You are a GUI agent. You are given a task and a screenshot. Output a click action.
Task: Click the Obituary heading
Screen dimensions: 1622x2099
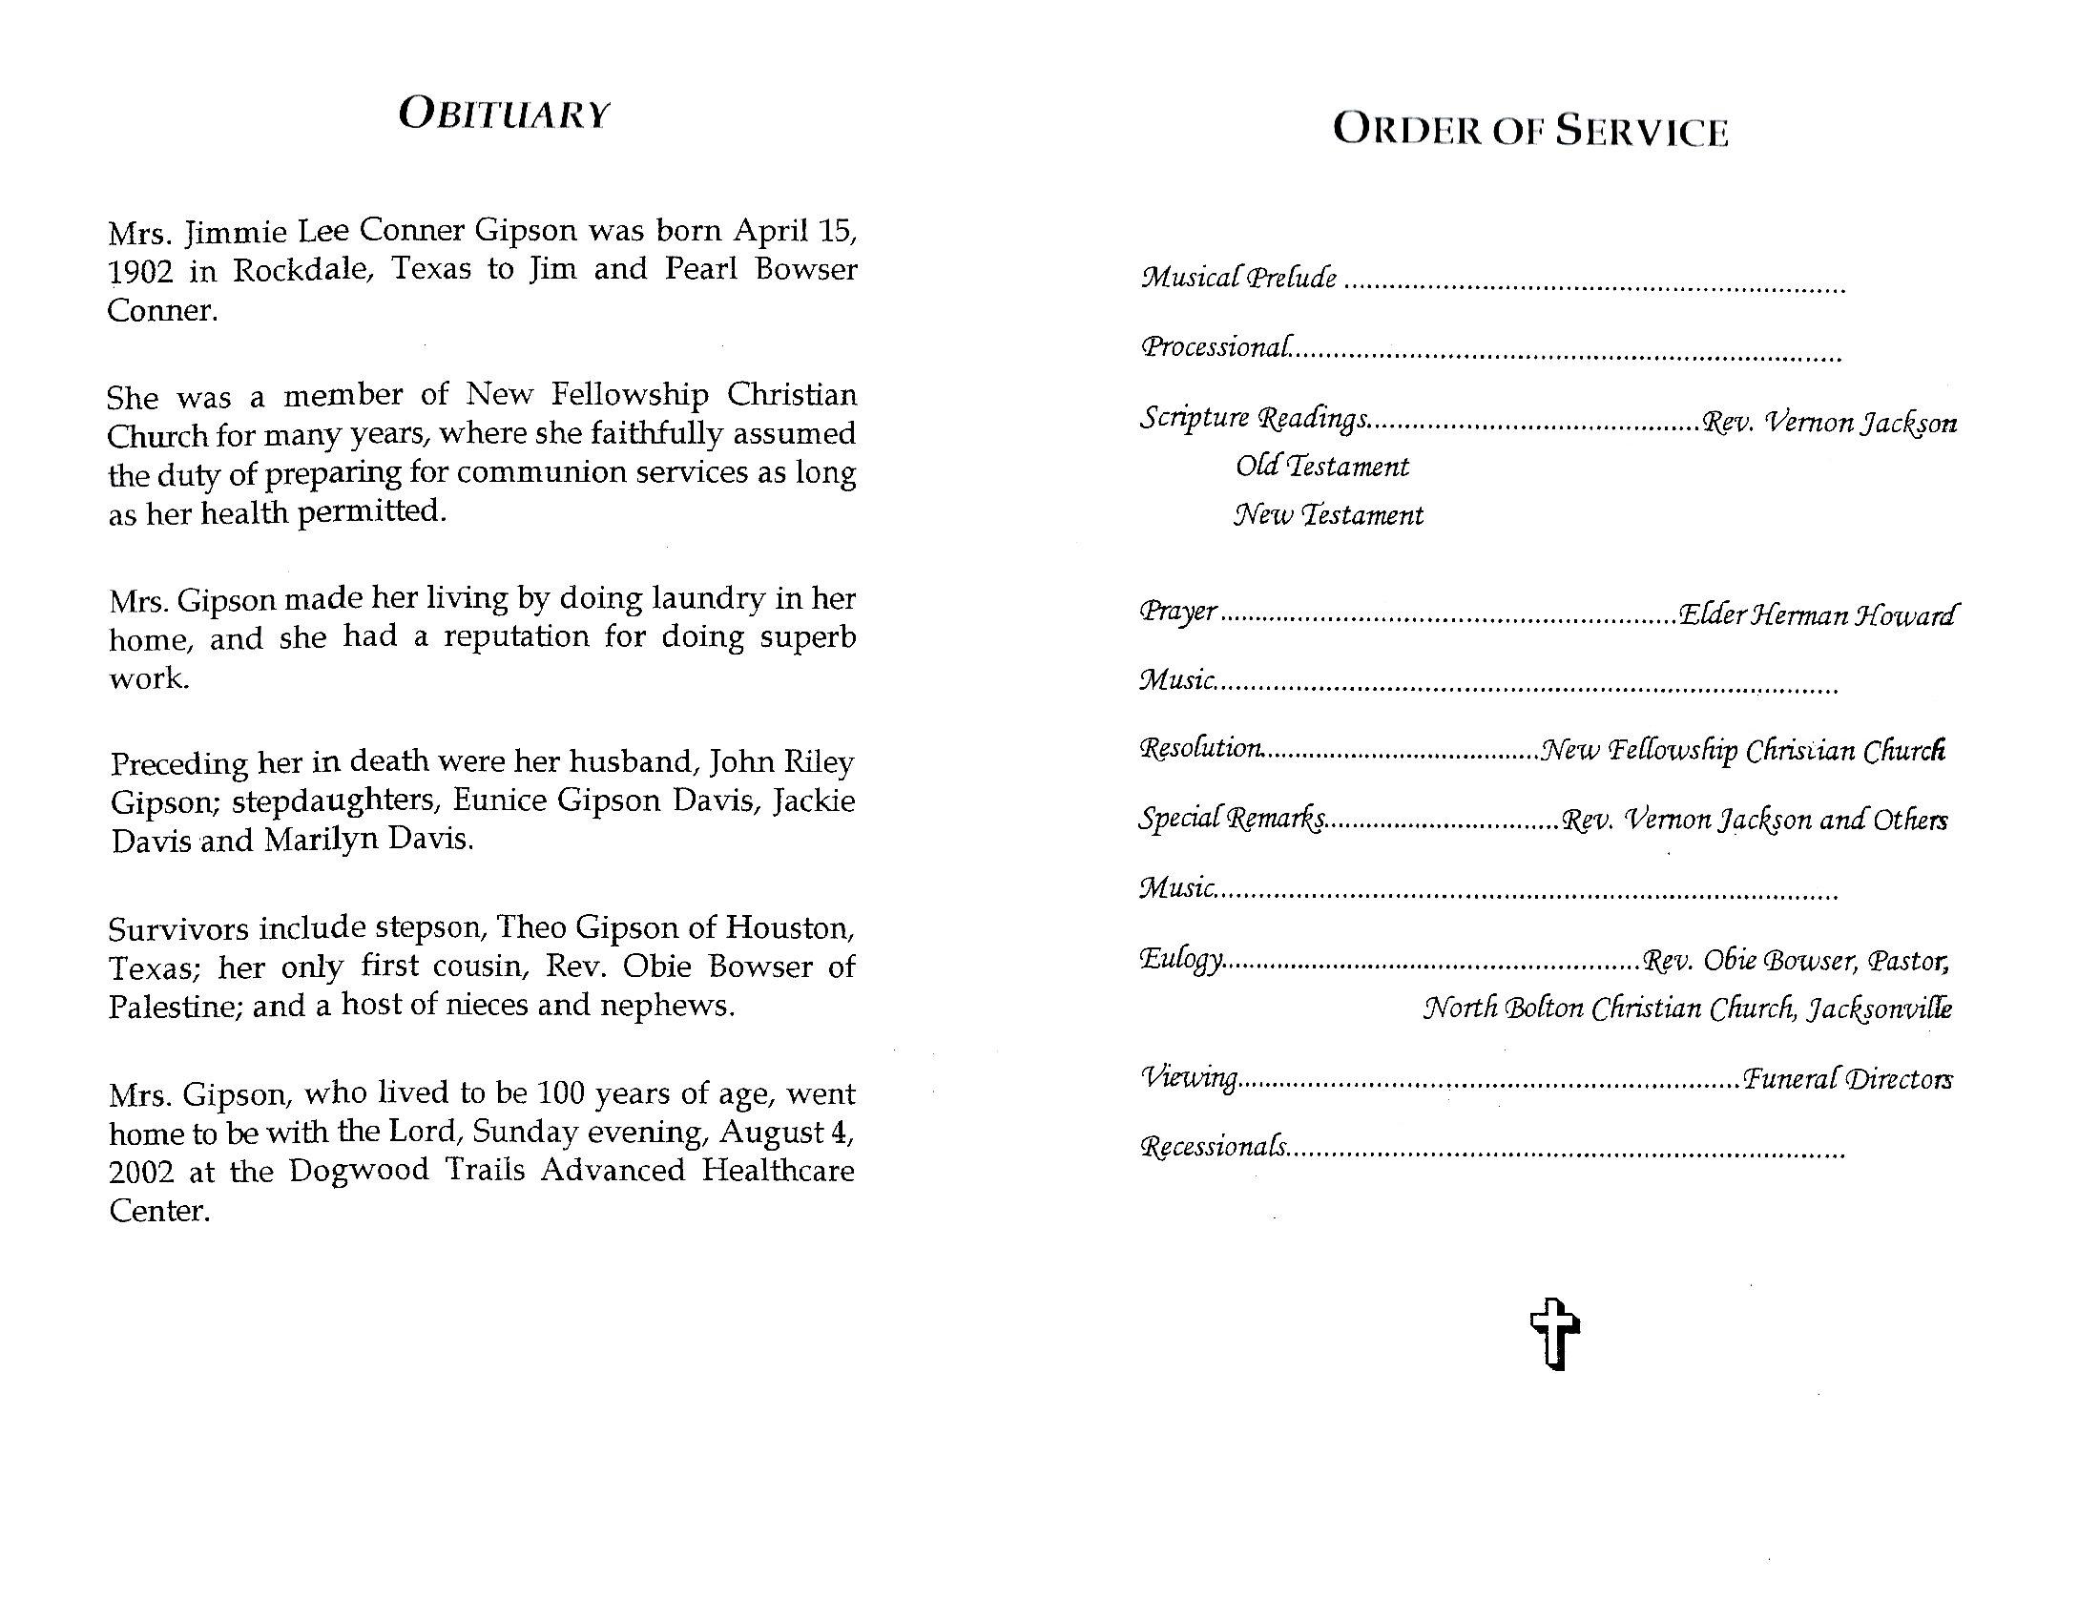504,114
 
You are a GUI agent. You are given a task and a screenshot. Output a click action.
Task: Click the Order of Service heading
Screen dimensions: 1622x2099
1530,132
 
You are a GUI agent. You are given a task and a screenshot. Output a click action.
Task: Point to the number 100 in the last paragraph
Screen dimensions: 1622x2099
557,1094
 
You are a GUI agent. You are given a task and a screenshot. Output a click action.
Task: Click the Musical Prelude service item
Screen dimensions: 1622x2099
1238,279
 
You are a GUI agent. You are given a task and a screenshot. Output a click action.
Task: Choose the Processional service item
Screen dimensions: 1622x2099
1216,347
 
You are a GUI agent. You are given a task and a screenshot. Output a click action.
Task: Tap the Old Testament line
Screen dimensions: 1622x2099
1322,467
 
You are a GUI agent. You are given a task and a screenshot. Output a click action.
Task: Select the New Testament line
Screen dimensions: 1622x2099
1328,516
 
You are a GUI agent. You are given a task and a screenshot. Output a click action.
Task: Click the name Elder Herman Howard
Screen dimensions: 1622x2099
1817,615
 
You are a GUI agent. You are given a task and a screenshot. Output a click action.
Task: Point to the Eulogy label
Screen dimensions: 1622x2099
1181,959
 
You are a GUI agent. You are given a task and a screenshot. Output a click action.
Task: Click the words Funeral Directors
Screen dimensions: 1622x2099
1847,1080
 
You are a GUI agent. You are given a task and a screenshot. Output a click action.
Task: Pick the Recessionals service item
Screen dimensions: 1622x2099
1213,1146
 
